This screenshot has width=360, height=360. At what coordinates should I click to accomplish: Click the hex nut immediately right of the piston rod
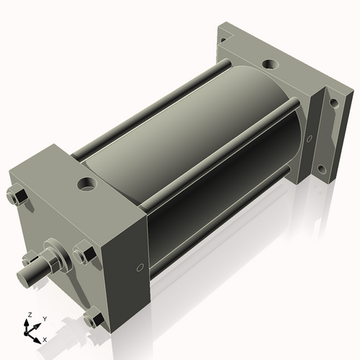coord(83,254)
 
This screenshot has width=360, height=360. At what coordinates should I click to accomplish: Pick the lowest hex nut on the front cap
coord(92,317)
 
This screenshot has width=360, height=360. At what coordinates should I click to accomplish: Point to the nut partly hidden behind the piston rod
coord(31,257)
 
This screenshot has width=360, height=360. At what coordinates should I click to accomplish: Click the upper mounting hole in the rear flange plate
coord(333,105)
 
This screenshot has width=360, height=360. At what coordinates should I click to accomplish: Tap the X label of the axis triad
coord(45,338)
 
